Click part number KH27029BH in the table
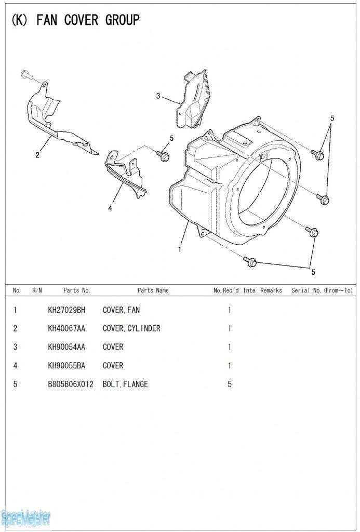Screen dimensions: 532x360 (x=66, y=310)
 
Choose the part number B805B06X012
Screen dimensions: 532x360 (x=71, y=384)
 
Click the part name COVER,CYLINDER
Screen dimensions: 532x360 (x=131, y=328)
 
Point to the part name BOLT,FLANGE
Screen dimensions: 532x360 (x=125, y=384)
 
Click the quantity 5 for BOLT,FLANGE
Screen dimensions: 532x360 (x=230, y=384)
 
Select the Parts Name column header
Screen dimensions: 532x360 (x=153, y=290)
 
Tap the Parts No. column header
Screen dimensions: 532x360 (x=77, y=290)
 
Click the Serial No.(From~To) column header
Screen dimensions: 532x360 (x=322, y=290)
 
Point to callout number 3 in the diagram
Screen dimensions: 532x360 (x=158, y=96)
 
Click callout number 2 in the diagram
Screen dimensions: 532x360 (x=37, y=154)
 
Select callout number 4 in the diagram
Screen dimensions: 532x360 (x=110, y=208)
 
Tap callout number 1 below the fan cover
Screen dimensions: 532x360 (x=179, y=249)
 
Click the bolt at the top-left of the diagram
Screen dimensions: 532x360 (x=26, y=75)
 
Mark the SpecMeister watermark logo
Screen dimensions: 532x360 (x=26, y=517)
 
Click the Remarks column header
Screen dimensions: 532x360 (x=271, y=290)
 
